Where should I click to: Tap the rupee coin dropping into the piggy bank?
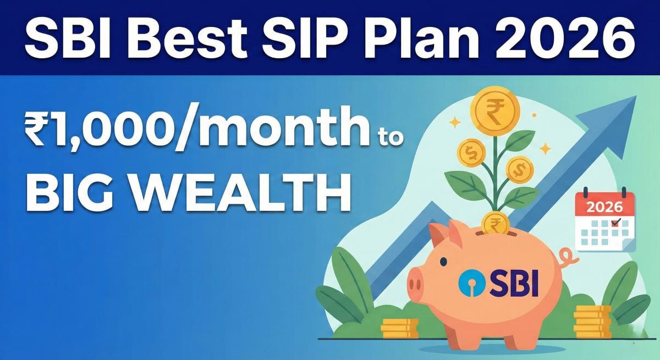point(494,224)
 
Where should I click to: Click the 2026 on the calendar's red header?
point(605,208)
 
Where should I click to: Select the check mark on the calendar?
point(616,223)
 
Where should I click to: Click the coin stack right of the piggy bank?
point(592,321)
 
